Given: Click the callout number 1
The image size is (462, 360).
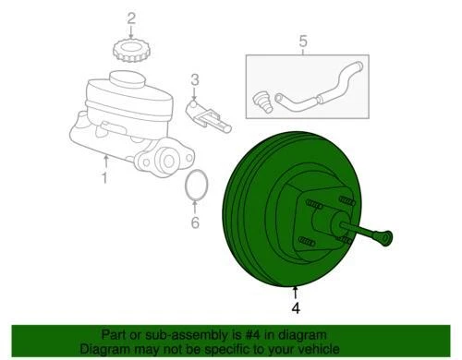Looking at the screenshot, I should point(104,178).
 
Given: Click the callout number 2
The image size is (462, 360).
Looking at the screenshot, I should point(130,18).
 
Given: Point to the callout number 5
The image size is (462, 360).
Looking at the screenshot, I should point(301,40).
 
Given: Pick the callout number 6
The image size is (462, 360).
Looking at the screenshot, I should point(195,222).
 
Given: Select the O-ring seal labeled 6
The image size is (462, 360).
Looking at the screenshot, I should point(195,186).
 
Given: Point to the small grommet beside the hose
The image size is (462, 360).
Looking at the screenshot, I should point(262,98).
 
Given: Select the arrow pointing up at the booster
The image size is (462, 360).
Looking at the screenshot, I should point(296,292).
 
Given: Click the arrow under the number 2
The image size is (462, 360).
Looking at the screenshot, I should point(130,30).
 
